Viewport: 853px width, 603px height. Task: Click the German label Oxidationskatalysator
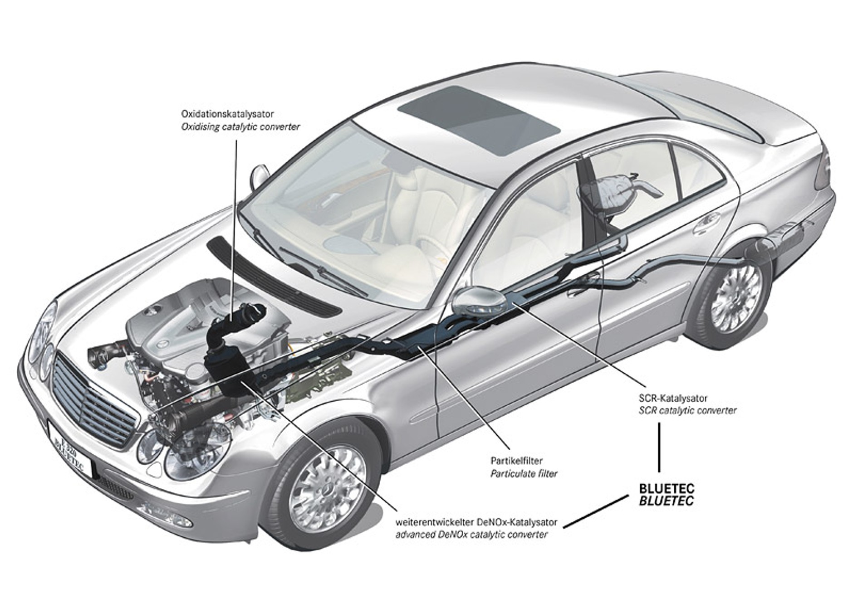point(227,114)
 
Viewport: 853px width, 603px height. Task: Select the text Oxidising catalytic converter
point(240,127)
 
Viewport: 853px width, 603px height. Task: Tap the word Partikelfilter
point(516,461)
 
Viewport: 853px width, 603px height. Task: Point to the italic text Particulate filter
point(524,474)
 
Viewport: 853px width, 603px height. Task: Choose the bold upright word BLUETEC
point(666,489)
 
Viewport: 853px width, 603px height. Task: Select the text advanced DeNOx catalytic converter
point(471,535)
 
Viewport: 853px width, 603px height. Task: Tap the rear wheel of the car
point(736,299)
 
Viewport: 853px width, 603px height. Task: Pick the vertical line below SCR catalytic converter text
point(659,447)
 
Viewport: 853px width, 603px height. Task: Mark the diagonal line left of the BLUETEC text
point(596,511)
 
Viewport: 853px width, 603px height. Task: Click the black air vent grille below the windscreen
point(272,277)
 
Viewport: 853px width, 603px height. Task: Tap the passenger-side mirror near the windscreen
point(260,176)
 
